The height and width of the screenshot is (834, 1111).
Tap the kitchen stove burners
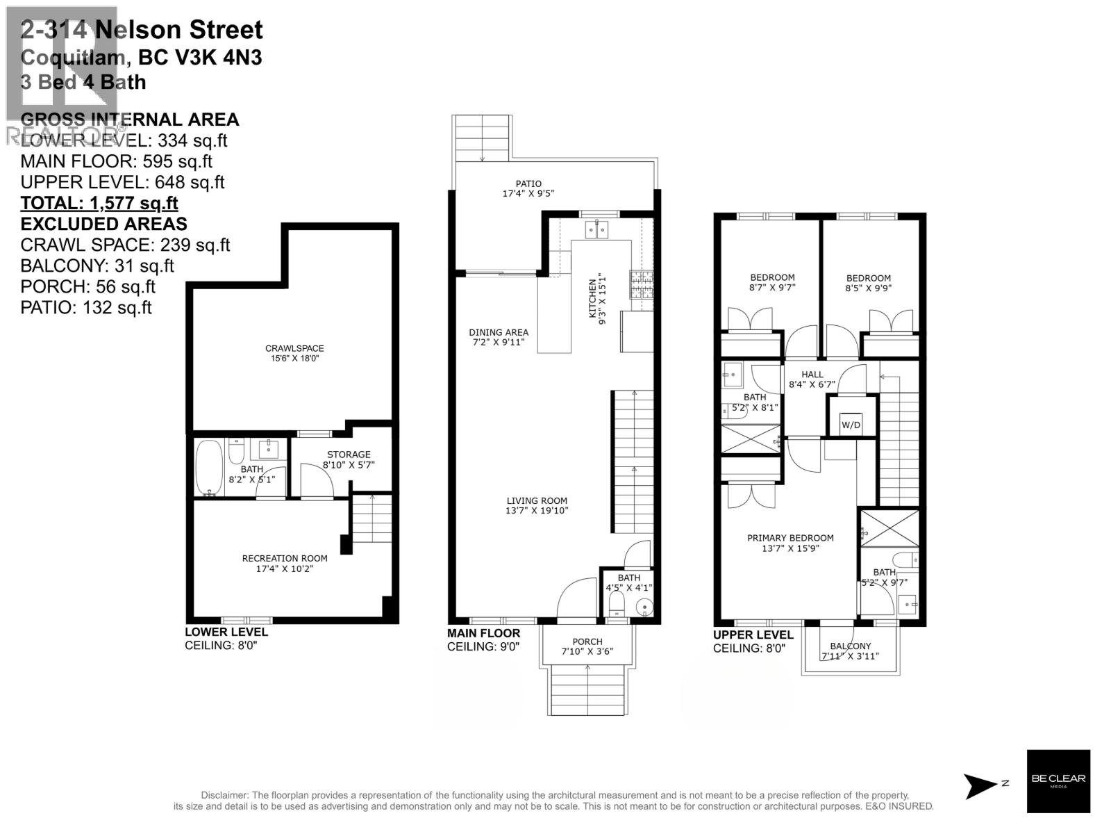point(642,284)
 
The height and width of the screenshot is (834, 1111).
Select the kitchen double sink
point(596,229)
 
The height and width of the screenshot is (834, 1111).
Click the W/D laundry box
point(851,424)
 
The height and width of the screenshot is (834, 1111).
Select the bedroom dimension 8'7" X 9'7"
point(772,287)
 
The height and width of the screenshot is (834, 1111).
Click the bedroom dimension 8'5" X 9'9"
point(868,288)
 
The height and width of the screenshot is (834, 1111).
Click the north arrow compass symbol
point(981,785)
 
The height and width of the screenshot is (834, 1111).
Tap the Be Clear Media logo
point(1058,781)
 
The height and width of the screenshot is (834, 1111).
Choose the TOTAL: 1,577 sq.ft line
point(99,203)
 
